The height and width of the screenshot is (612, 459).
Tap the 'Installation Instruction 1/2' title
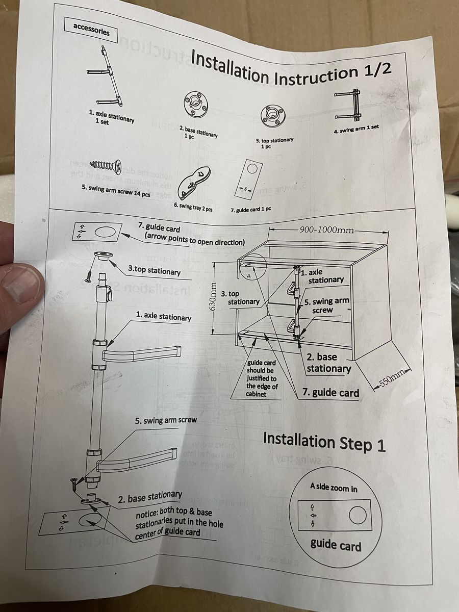(x=291, y=68)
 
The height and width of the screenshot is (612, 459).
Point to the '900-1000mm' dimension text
(x=326, y=229)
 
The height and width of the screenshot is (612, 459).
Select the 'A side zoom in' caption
(x=334, y=488)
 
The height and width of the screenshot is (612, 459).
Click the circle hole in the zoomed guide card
(x=357, y=516)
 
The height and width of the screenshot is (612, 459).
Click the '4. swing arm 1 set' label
(x=356, y=129)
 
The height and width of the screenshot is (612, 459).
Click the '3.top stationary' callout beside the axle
(x=154, y=270)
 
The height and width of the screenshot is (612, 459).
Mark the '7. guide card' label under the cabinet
(x=331, y=392)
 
